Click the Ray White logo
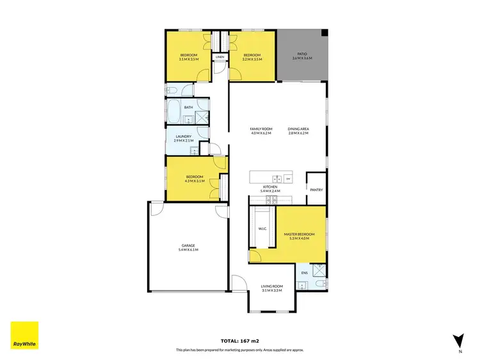tap(24, 335)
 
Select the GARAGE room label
tap(188, 245)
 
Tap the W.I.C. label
tap(262, 229)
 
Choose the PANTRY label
tap(316, 190)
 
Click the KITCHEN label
tap(269, 186)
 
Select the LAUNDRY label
tap(184, 136)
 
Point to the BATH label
tap(189, 108)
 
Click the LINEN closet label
tap(220, 57)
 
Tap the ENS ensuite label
tap(305, 274)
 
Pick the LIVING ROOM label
tap(272, 286)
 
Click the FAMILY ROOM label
tap(261, 129)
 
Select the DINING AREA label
tap(298, 129)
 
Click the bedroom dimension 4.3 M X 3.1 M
tap(195, 181)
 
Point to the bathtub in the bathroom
tap(174, 111)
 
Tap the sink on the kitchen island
tap(276, 177)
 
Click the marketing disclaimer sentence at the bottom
tap(240, 350)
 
